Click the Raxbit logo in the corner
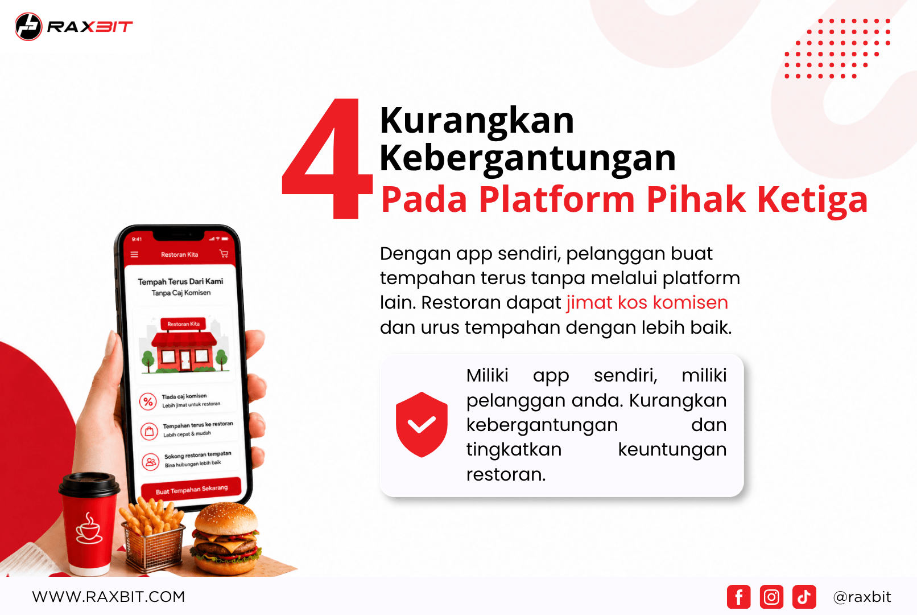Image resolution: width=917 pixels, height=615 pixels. tap(74, 27)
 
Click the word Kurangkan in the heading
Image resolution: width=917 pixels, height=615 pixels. tap(477, 121)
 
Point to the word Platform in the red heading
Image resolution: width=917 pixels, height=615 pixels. tap(557, 199)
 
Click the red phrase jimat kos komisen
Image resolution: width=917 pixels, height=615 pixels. tap(647, 302)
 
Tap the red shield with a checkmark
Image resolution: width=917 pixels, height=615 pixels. tap(422, 424)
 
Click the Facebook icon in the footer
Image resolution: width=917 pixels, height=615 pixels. tap(739, 597)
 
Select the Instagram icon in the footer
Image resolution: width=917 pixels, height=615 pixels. tap(772, 597)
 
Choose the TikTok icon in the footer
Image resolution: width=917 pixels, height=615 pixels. tap(804, 597)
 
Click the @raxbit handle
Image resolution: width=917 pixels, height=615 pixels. tap(862, 597)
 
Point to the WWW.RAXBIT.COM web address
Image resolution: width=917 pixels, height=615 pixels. tap(109, 597)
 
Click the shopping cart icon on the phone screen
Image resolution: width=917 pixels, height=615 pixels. tap(224, 253)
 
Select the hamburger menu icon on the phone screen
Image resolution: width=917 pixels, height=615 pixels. tap(134, 255)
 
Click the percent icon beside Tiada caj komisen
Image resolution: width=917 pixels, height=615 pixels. tap(148, 401)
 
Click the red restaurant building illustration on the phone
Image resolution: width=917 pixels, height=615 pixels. tap(184, 346)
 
